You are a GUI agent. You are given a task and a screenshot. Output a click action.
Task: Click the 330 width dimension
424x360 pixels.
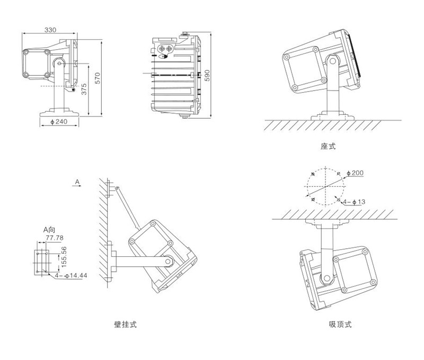[x=49, y=30]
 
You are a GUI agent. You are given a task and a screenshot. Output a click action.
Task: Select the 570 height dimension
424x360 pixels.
[x=97, y=78]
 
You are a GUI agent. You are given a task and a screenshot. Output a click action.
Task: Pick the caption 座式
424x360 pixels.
[x=328, y=146]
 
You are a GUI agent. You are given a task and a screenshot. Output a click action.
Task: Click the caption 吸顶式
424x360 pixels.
[x=340, y=324]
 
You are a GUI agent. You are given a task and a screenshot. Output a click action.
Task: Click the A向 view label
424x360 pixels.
[x=49, y=229]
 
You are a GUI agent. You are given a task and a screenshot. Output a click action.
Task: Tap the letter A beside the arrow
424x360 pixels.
[x=77, y=182]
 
